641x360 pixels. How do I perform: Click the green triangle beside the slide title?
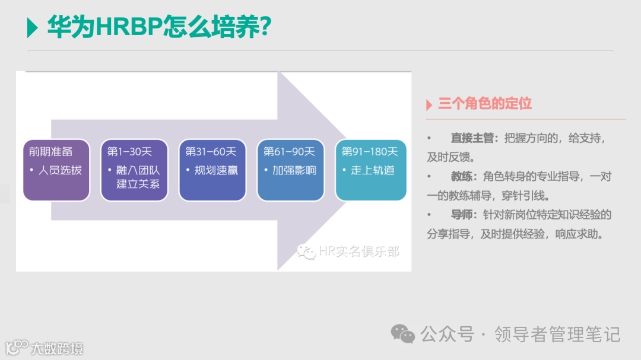click(x=33, y=27)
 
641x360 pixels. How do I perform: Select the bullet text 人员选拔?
click(x=60, y=170)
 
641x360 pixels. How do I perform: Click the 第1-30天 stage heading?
click(x=129, y=152)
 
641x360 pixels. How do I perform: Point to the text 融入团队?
click(x=138, y=170)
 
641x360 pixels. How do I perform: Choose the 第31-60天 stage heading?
click(x=210, y=152)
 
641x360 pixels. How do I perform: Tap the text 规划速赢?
click(x=216, y=170)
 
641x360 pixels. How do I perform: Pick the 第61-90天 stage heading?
click(x=288, y=152)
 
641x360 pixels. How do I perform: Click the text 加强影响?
click(x=294, y=170)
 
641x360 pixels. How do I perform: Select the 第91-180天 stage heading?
click(x=370, y=152)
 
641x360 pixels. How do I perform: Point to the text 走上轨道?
click(x=373, y=170)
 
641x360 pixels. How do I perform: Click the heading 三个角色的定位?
click(x=485, y=104)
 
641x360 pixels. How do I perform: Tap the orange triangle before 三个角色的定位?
click(x=429, y=105)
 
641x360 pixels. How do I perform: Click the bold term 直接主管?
click(x=472, y=138)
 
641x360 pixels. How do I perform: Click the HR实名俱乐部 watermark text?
click(x=358, y=251)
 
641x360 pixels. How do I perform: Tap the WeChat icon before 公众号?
click(x=402, y=334)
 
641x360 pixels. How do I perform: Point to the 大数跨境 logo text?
click(x=57, y=348)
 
